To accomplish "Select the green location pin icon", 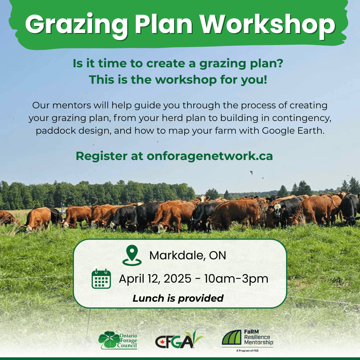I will (x=132, y=255).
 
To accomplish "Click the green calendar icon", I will (x=101, y=279).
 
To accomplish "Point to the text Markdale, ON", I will (x=188, y=255).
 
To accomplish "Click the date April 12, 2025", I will (x=155, y=279).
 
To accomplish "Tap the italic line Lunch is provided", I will (x=178, y=298).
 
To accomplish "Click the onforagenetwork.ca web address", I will (x=210, y=156).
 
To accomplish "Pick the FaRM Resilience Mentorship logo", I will (x=247, y=338).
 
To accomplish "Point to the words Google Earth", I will (x=293, y=130).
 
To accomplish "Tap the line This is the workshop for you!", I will (x=178, y=79).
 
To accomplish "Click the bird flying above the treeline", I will (x=251, y=172).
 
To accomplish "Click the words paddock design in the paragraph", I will (x=73, y=130).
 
